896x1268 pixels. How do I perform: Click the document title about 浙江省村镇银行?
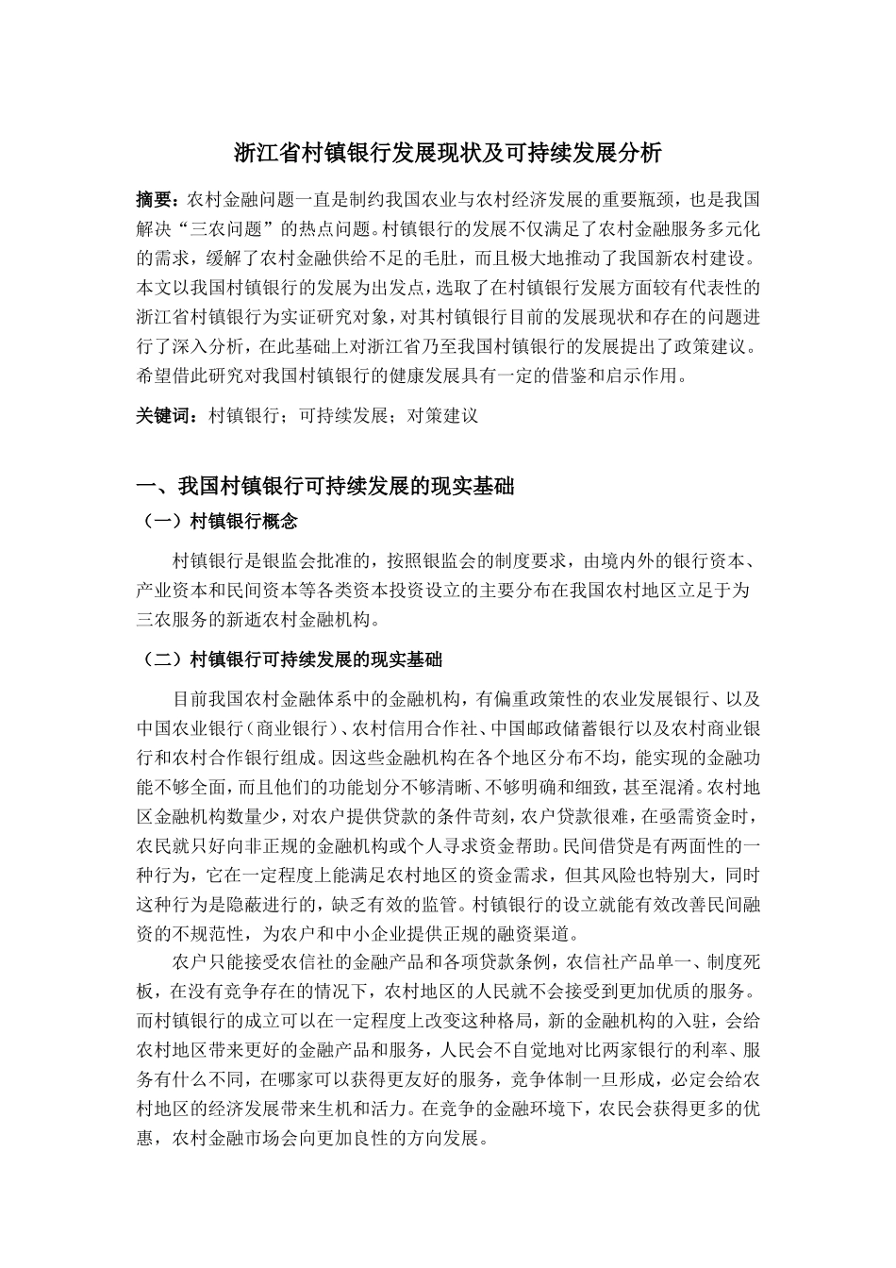click(447, 153)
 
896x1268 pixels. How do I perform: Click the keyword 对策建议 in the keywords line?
click(442, 415)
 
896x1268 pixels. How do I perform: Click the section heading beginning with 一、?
click(325, 487)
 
